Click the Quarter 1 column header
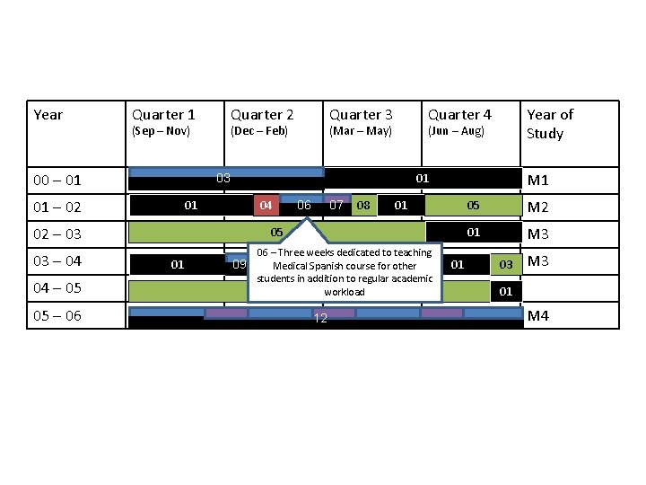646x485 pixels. tap(163, 115)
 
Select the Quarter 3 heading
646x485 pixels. tap(361, 115)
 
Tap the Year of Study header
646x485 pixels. tap(550, 124)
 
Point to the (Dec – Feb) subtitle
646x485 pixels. tap(259, 131)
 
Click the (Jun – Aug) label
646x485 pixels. tap(456, 131)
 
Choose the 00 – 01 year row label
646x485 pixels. tap(57, 181)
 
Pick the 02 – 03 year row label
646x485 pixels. tap(57, 234)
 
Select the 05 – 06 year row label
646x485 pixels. tap(57, 316)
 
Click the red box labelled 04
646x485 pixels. tap(266, 206)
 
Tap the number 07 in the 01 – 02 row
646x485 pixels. tap(336, 206)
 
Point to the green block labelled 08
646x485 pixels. tap(363, 206)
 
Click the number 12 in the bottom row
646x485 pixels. tap(319, 321)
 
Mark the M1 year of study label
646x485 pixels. tap(538, 181)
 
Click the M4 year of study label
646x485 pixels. tap(538, 315)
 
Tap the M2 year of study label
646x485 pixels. tap(538, 208)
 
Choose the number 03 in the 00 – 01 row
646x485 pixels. tap(223, 178)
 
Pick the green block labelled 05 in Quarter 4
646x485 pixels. tap(473, 206)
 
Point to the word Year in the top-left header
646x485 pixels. tap(48, 115)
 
